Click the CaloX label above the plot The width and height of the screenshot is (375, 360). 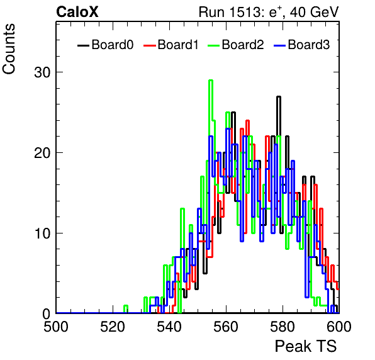coord(77,12)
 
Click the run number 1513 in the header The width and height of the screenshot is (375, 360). coord(243,12)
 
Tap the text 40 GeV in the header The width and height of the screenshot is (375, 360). coord(314,12)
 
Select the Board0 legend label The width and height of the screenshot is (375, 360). coord(113,45)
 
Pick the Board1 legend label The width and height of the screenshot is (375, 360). coord(178,45)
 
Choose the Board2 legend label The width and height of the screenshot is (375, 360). coord(243,45)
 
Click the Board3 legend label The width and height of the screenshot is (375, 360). coord(309,45)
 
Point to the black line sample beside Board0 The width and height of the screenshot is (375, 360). coord(83,45)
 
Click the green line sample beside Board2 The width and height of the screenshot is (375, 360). coord(213,45)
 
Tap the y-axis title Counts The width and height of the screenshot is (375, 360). coord(9,49)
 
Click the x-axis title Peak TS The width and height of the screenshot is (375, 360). coord(306,346)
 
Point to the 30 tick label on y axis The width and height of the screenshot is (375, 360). coord(43,72)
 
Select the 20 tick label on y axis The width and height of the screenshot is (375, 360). coord(43,153)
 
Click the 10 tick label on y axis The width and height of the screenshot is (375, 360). coord(43,233)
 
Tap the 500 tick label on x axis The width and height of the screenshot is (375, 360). coord(56,327)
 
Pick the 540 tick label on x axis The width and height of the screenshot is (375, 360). coord(169,327)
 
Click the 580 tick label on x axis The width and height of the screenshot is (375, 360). coord(283,327)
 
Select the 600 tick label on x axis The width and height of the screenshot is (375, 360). coord(339,327)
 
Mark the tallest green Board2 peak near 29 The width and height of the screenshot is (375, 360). coord(211,81)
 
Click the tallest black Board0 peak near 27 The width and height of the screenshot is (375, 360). coord(279,97)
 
